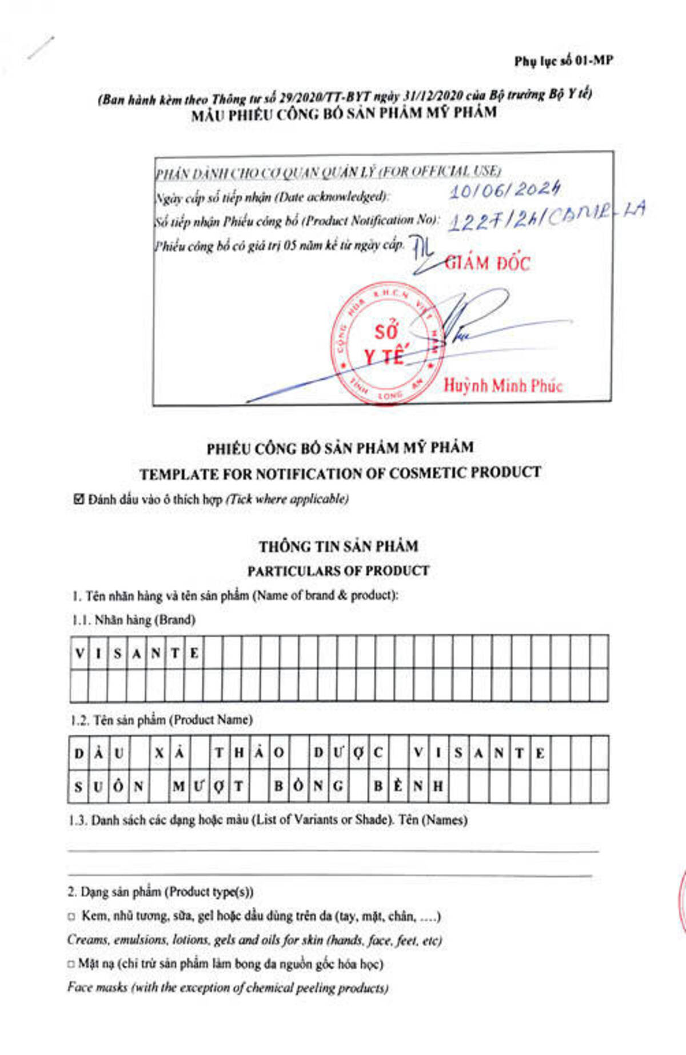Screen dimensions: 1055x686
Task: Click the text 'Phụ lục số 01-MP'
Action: [x=563, y=61]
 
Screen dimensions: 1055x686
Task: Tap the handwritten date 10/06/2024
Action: [x=504, y=190]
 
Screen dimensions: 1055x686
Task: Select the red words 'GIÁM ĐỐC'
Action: [x=488, y=263]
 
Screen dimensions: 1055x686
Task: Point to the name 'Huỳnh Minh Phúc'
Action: [x=503, y=385]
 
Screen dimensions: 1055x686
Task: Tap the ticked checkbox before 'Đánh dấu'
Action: [x=79, y=499]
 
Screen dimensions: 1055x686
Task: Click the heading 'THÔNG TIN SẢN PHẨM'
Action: [x=338, y=547]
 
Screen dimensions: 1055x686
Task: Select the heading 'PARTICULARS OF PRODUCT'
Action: [x=338, y=571]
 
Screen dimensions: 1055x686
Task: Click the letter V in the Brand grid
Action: [x=79, y=653]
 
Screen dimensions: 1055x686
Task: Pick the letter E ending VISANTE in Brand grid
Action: [x=194, y=653]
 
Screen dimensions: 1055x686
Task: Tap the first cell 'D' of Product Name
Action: [x=79, y=754]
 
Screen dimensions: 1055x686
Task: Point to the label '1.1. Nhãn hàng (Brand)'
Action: [x=134, y=620]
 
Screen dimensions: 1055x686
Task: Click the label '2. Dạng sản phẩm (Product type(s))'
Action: [x=160, y=892]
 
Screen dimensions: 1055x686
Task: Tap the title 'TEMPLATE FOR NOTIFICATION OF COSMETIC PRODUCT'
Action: [x=340, y=473]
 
